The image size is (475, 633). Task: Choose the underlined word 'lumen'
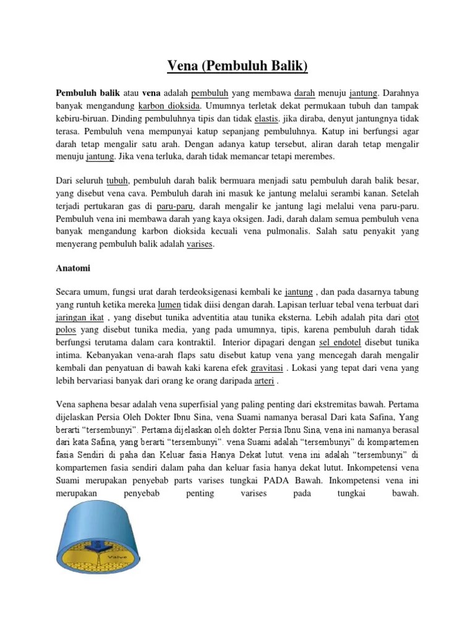[x=169, y=305]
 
